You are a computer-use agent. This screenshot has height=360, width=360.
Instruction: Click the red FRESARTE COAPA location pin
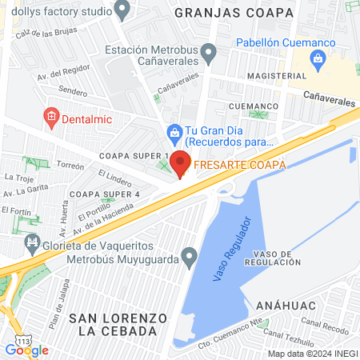(180, 163)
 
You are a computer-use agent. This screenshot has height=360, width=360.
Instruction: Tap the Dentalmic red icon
(50, 117)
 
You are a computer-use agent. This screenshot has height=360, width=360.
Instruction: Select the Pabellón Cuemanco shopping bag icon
(318, 58)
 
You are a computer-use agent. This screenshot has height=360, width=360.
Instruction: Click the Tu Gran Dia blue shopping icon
(173, 131)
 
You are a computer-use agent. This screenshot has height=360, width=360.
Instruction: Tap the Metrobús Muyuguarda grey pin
(189, 258)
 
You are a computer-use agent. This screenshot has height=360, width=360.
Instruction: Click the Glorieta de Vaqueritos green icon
(33, 242)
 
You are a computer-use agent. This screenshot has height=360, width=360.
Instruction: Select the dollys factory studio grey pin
(122, 10)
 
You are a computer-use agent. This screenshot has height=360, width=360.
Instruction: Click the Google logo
(26, 350)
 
